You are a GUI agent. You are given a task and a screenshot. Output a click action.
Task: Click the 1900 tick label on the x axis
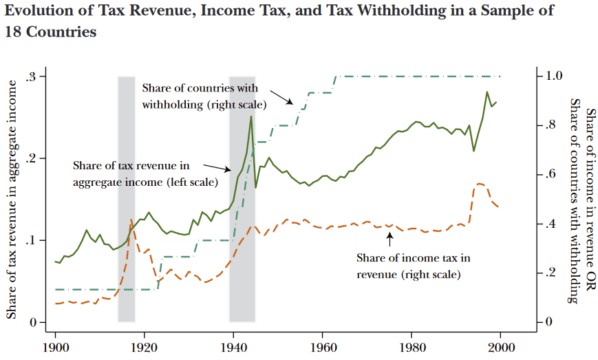(x=56, y=346)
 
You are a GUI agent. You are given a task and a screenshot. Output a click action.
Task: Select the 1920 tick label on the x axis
(x=145, y=346)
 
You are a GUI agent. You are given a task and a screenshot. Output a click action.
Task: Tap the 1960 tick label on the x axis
(x=323, y=346)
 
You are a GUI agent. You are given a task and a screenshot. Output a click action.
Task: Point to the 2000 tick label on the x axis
(x=500, y=346)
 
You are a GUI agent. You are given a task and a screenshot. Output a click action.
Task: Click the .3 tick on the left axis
(x=32, y=76)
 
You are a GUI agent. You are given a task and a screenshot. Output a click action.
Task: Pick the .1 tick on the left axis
(x=32, y=241)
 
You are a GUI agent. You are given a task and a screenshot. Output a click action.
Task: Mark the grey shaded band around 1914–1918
(x=127, y=200)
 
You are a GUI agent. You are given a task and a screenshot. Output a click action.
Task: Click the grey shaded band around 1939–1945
(x=242, y=200)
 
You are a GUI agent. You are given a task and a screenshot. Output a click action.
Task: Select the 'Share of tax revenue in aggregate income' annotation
(x=145, y=174)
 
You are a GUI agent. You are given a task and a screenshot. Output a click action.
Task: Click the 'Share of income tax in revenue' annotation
(x=413, y=266)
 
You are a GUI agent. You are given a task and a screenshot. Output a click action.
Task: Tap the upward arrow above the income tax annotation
(x=389, y=240)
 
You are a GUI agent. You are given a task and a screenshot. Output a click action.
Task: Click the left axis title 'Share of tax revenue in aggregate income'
(x=12, y=200)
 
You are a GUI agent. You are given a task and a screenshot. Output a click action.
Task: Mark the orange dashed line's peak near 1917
(x=131, y=220)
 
